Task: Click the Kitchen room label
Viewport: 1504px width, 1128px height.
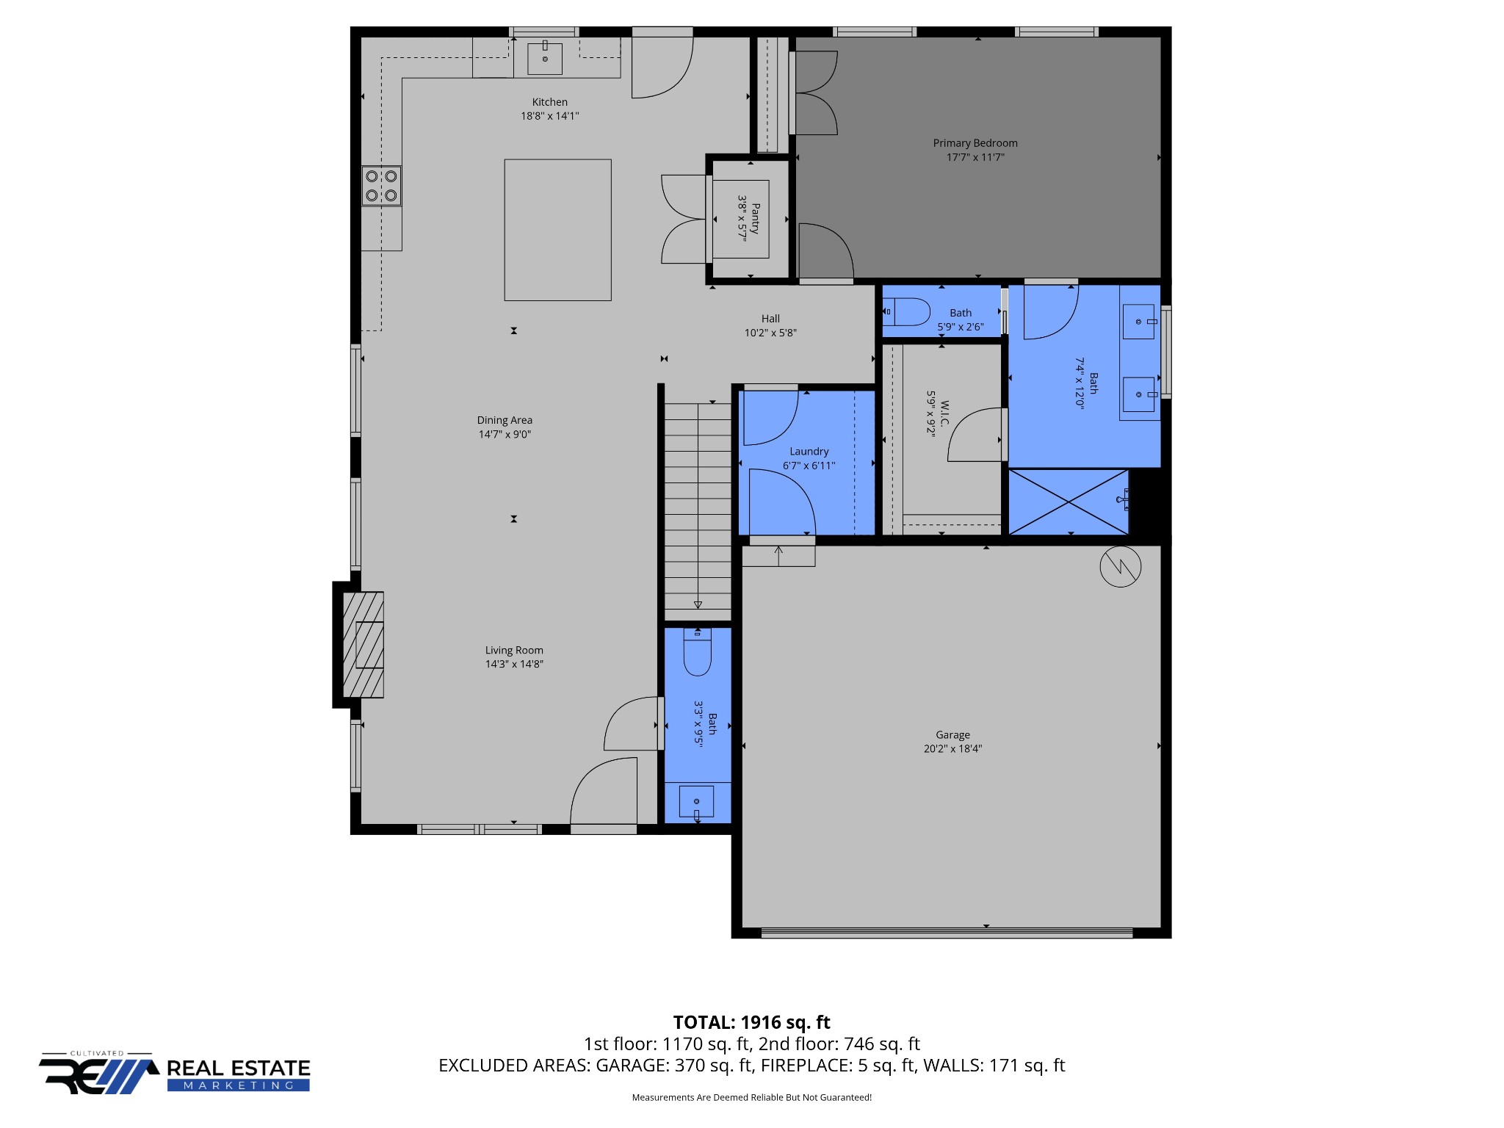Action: [x=549, y=102]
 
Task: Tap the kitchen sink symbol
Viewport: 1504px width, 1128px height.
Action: [x=545, y=58]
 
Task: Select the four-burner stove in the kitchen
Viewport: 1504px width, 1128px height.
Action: [x=381, y=186]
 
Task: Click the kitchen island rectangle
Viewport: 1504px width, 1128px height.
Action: [x=557, y=230]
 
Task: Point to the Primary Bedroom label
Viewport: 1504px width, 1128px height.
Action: [x=975, y=143]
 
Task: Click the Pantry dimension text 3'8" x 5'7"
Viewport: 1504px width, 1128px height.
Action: [x=742, y=218]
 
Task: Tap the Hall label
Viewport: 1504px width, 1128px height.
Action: [x=770, y=319]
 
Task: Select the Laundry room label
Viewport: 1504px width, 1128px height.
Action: [x=809, y=452]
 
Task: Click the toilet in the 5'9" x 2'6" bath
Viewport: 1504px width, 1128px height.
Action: [x=907, y=312]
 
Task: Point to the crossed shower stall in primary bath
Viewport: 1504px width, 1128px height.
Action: [x=1068, y=502]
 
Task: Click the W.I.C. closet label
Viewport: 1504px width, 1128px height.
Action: [x=944, y=413]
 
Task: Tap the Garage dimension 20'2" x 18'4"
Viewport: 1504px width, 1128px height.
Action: [x=952, y=749]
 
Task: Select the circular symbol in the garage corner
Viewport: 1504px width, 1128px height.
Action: [x=1120, y=566]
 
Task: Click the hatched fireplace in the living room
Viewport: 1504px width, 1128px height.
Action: [x=364, y=645]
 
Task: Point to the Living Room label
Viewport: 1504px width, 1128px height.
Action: [x=514, y=651]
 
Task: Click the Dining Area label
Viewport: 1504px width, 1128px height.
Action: [x=505, y=420]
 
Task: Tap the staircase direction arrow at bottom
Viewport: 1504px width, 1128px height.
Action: [x=698, y=604]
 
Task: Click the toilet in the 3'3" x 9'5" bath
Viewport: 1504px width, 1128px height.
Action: [x=697, y=654]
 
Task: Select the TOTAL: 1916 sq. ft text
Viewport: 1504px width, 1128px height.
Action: [x=751, y=1022]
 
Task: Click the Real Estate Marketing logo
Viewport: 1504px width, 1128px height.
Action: [x=175, y=1074]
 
